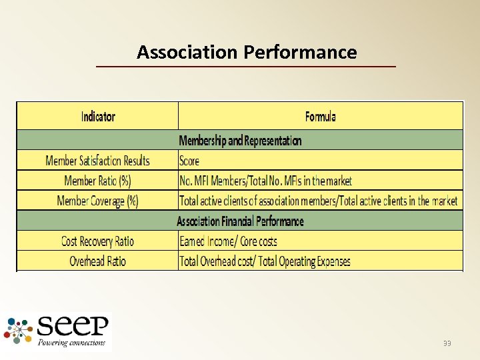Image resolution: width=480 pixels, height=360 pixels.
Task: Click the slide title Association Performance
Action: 247,52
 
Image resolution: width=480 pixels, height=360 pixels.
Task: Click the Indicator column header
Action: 98,116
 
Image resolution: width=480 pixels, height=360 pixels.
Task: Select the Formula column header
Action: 320,116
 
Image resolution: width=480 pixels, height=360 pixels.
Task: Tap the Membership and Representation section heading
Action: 240,141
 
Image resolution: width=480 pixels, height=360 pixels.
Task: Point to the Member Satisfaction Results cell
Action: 97,161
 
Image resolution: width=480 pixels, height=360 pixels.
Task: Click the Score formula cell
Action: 189,161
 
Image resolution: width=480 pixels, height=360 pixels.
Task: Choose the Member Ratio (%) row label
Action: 97,181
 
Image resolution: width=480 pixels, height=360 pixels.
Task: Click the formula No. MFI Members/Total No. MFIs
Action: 265,181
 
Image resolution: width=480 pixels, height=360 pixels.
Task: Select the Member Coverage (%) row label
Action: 97,201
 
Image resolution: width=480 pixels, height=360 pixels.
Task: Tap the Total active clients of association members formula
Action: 319,201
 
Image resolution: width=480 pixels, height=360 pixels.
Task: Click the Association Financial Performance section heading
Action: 240,221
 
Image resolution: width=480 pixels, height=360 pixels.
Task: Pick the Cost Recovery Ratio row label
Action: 97,241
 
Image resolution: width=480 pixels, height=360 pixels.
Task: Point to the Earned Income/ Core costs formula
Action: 228,241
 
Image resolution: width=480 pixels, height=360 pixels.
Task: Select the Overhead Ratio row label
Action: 97,261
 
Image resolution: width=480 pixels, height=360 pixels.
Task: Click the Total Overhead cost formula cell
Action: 265,261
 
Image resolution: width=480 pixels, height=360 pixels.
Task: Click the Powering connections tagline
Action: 72,343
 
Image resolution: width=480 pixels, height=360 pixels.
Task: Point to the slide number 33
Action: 447,343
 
